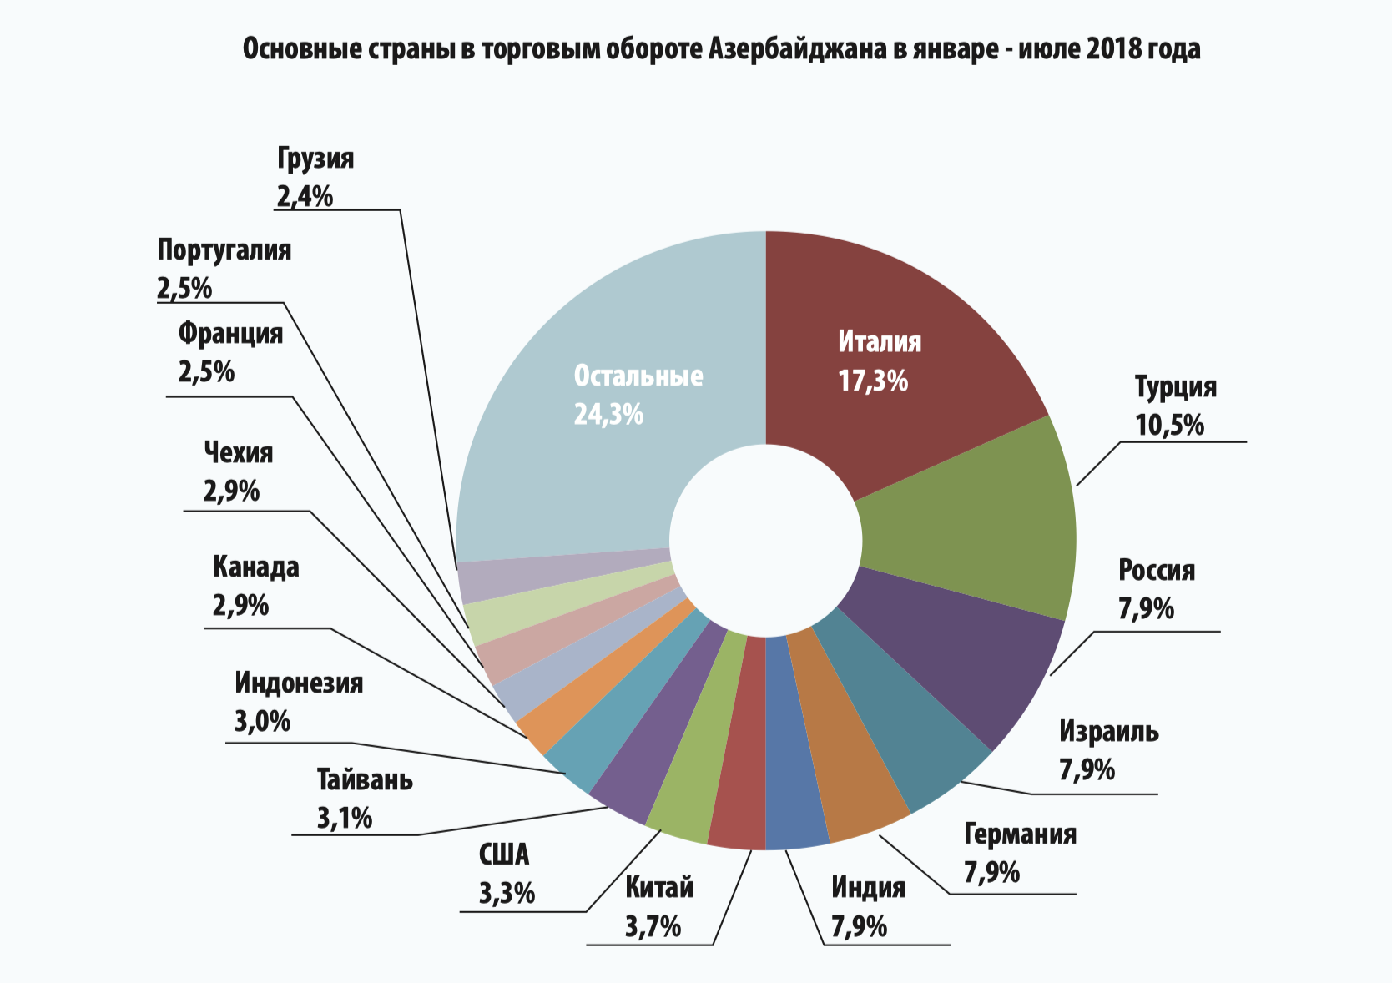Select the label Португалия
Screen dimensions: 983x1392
224,250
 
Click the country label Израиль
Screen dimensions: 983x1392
1109,731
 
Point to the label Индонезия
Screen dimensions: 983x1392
299,683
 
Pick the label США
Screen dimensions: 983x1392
504,854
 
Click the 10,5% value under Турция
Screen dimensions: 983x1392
1169,426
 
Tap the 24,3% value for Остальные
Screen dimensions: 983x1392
608,415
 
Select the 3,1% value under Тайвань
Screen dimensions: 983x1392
344,819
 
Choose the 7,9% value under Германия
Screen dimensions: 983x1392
991,873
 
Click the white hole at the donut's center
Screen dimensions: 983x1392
766,541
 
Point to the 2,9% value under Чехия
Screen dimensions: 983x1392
231,491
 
